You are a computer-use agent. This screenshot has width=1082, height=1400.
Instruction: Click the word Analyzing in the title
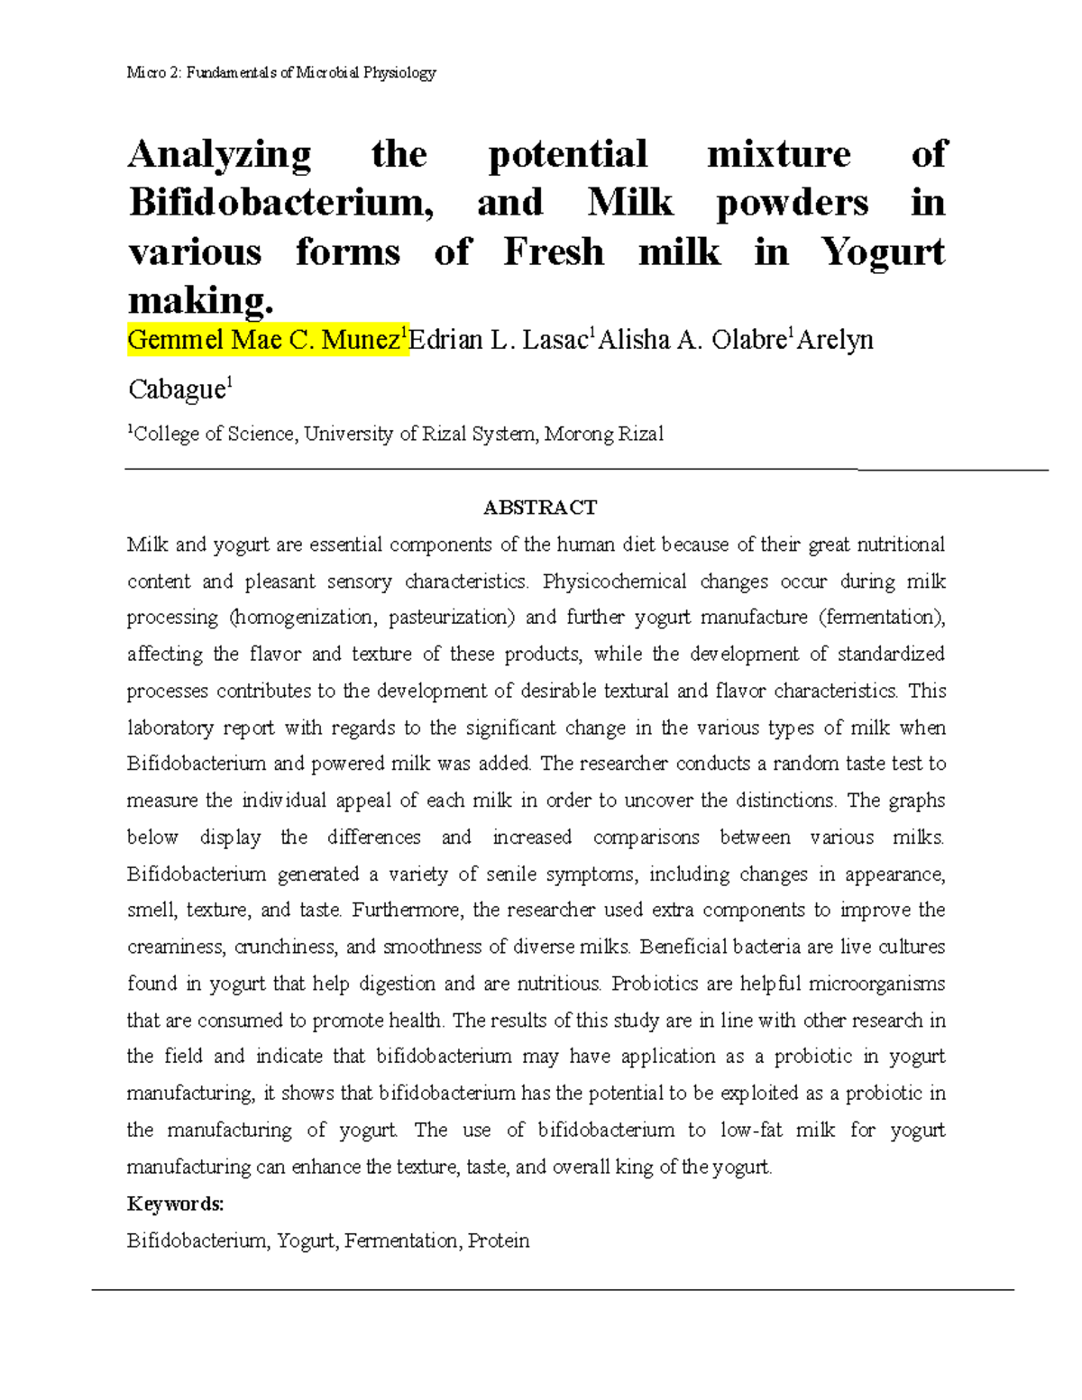tap(219, 155)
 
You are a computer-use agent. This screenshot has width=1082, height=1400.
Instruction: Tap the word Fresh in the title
tap(553, 252)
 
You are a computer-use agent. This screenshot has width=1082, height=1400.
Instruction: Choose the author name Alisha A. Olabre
tap(693, 340)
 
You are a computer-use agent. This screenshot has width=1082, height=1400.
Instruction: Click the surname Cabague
tap(177, 389)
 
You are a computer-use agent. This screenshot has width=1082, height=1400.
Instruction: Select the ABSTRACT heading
tap(540, 508)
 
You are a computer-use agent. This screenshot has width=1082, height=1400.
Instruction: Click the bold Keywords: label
tap(175, 1204)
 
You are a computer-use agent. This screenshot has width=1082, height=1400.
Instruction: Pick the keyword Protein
tap(499, 1241)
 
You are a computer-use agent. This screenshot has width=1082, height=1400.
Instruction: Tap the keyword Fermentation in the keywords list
tap(401, 1241)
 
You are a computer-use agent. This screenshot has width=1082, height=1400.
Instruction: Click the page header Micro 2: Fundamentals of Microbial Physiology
tap(281, 72)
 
